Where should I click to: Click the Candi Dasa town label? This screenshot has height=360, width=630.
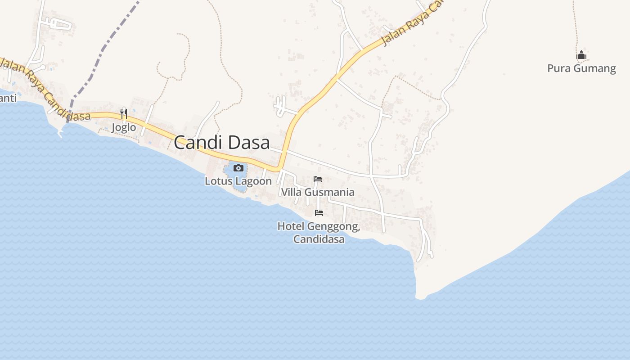click(x=222, y=143)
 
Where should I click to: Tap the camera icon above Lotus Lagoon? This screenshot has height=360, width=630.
click(x=238, y=168)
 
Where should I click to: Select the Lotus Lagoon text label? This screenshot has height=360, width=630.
click(x=238, y=181)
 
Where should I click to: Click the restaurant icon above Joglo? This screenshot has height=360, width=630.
click(x=124, y=114)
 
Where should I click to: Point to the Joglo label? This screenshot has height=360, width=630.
click(x=124, y=127)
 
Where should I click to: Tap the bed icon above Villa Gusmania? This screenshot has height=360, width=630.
click(x=318, y=179)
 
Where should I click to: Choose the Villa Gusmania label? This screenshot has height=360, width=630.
click(x=318, y=192)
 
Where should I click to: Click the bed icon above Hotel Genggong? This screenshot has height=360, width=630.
click(x=319, y=213)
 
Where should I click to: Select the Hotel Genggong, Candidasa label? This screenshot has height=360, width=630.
click(x=319, y=232)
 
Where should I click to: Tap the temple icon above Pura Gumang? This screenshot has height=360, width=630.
click(x=581, y=55)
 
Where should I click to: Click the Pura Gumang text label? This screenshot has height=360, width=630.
click(x=581, y=68)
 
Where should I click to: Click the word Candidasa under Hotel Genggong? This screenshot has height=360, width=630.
click(x=319, y=239)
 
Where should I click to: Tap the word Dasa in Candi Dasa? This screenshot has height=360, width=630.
click(x=249, y=143)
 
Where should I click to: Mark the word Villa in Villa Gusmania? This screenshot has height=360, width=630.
click(x=290, y=192)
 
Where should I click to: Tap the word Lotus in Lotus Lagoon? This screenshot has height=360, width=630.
click(x=219, y=181)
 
